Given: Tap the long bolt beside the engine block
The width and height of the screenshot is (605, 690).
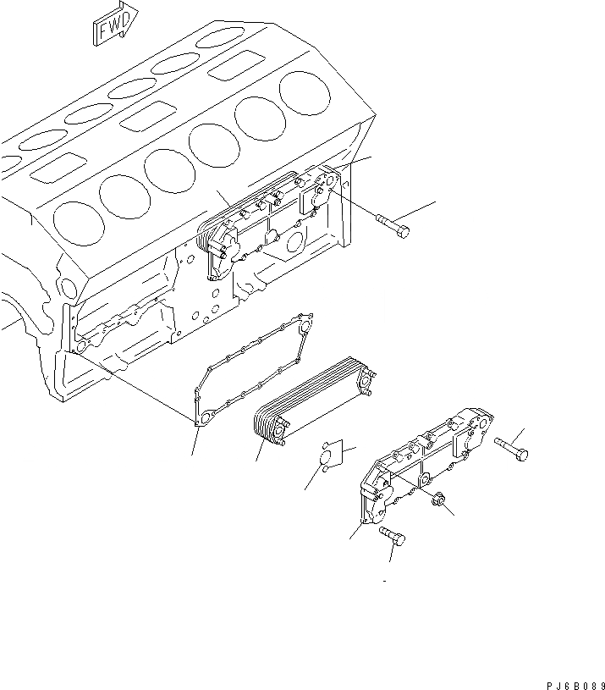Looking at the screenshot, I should (x=391, y=224).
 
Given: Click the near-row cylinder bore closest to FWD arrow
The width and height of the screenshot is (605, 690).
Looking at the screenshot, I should (x=305, y=91).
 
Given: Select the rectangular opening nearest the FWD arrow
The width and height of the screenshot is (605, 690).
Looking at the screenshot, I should (x=237, y=66).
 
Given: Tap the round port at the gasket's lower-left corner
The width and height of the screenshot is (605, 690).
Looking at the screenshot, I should (x=204, y=418).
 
